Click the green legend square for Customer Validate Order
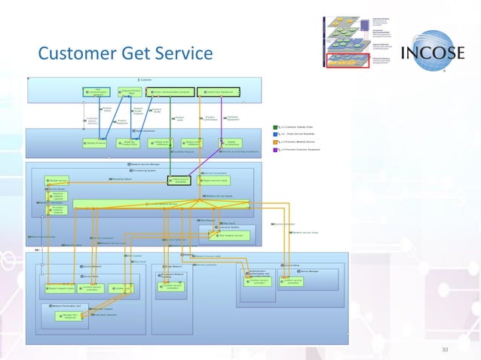pos(278,127)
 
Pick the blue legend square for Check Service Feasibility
pos(278,135)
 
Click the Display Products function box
pos(95,142)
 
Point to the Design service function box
pos(57,181)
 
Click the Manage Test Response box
pos(68,316)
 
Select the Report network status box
pos(60,288)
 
